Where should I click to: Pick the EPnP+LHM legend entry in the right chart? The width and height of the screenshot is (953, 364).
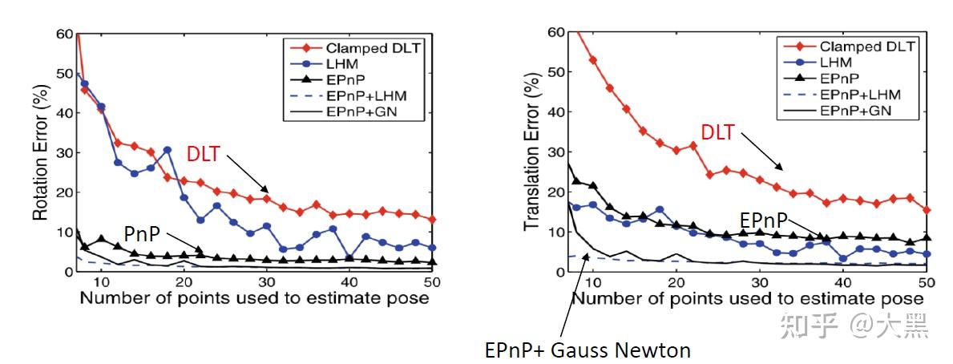(850, 95)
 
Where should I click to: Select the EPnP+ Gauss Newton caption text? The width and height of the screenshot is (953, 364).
(588, 350)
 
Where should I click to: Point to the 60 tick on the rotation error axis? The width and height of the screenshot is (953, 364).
(63, 34)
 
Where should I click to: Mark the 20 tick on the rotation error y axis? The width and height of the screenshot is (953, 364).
(63, 192)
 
